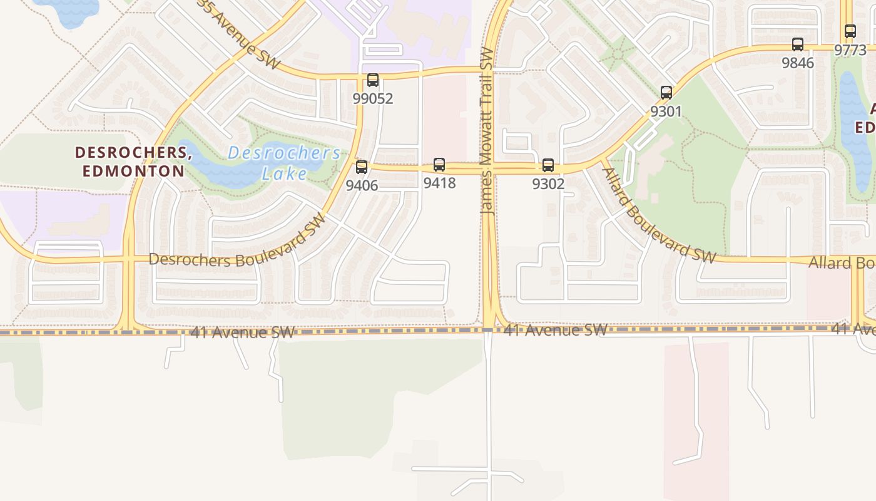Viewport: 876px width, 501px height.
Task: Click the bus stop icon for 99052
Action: tap(373, 80)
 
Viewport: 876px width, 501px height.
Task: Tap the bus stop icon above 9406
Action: tap(362, 167)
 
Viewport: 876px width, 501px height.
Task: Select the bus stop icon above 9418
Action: tap(439, 165)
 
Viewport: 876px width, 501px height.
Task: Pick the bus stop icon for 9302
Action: tap(548, 165)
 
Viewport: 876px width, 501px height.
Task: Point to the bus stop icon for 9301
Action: tap(666, 93)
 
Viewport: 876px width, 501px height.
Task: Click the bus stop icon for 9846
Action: tap(798, 44)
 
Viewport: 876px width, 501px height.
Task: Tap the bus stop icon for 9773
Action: tap(850, 31)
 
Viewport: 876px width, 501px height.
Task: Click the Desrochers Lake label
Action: tap(284, 163)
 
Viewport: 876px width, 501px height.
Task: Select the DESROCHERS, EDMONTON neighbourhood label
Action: tap(133, 161)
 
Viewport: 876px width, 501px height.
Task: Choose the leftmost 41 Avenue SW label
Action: tap(242, 332)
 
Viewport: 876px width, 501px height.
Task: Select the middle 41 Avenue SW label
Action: tap(555, 329)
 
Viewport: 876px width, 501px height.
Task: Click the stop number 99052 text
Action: tap(373, 98)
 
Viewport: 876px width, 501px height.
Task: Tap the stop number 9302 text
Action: tap(548, 184)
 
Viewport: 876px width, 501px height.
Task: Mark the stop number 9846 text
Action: tap(798, 63)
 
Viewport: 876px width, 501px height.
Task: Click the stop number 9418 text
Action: tap(439, 183)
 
